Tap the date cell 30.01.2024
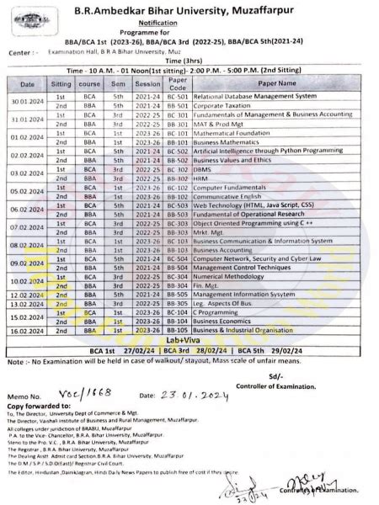pyautogui.click(x=27, y=100)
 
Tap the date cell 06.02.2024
pyautogui.click(x=27, y=210)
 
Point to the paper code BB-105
pyautogui.click(x=177, y=295)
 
